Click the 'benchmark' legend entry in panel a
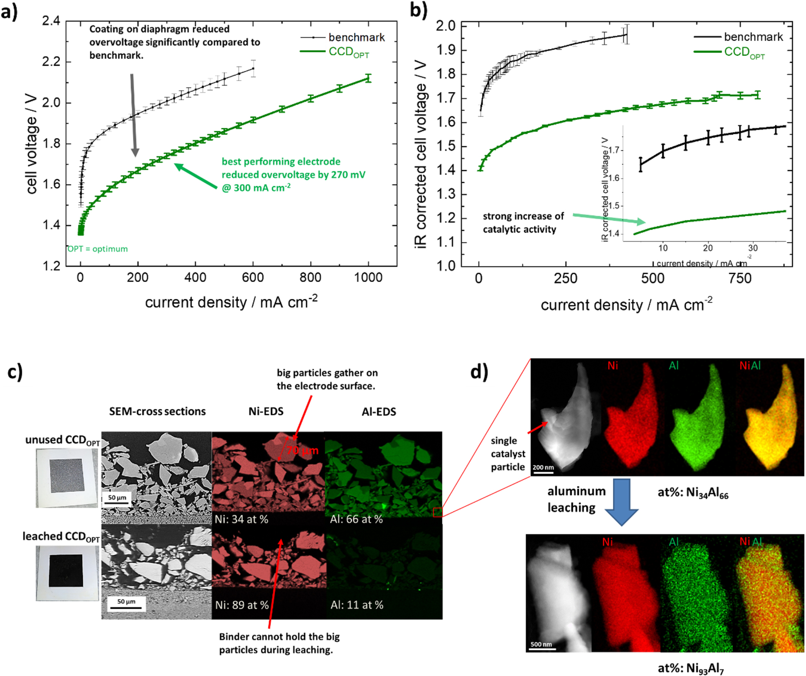(x=356, y=38)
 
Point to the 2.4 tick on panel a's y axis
(x=51, y=21)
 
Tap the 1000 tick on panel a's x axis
(x=368, y=278)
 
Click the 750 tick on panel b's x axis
(x=740, y=279)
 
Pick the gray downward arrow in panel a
(x=134, y=115)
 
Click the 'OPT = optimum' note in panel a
(x=98, y=249)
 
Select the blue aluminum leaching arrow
(x=621, y=502)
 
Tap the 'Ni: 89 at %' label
(x=242, y=605)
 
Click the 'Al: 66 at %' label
(x=356, y=519)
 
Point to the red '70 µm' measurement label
(x=302, y=451)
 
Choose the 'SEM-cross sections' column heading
(x=157, y=412)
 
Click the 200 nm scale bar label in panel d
(x=543, y=467)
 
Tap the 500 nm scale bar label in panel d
(x=541, y=644)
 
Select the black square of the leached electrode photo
(x=66, y=571)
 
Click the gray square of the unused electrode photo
(x=66, y=475)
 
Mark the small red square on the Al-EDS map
(x=437, y=512)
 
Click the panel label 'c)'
(x=15, y=372)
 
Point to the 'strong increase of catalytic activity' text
(x=523, y=223)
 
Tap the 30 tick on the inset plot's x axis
(x=753, y=248)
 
